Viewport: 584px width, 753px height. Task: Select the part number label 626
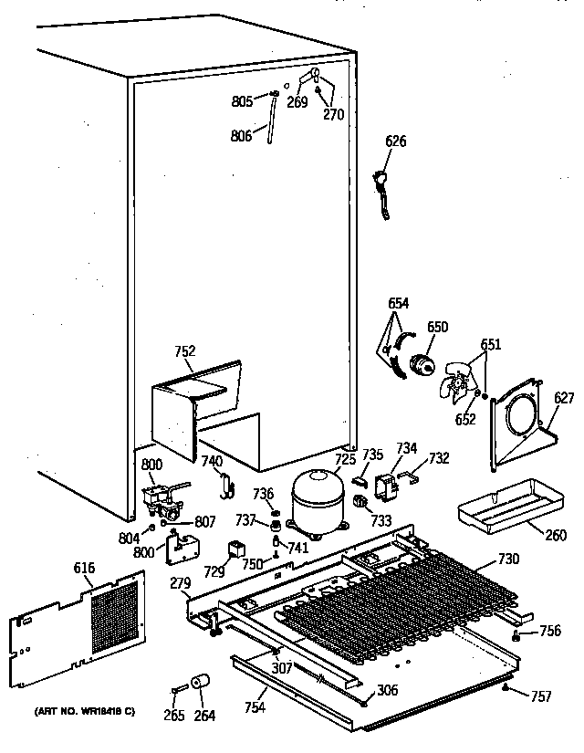[x=396, y=141]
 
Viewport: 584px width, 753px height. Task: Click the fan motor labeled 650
[x=421, y=362]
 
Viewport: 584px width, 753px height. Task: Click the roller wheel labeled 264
[x=202, y=684]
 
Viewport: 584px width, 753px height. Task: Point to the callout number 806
[x=242, y=136]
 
